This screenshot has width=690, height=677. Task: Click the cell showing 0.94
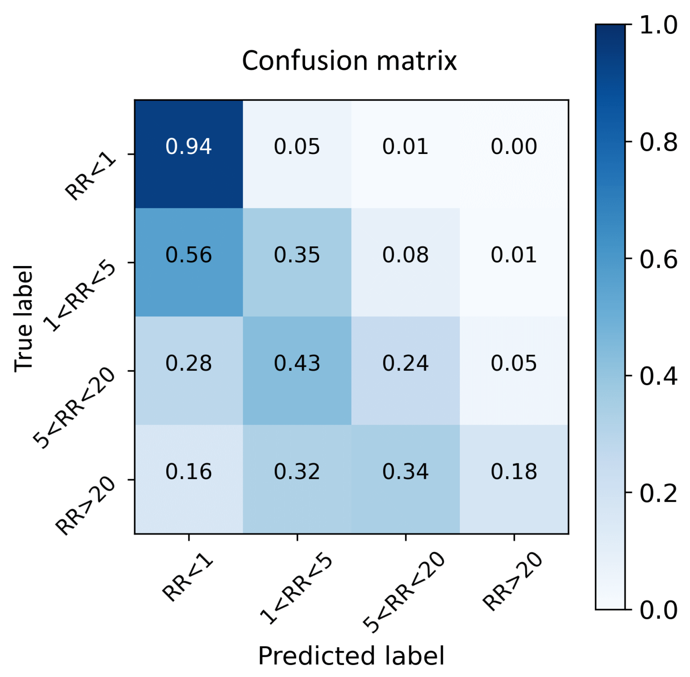tap(188, 146)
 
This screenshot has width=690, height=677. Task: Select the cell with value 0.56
tap(188, 255)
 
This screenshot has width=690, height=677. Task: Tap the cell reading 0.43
tap(297, 363)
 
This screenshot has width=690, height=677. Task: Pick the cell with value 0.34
tap(405, 471)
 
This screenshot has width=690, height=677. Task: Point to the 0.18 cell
tap(514, 471)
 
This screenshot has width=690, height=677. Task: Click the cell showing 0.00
tap(514, 146)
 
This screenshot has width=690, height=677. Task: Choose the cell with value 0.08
tap(405, 255)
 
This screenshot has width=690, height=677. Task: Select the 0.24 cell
tap(405, 363)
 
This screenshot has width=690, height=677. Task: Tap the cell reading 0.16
tap(188, 471)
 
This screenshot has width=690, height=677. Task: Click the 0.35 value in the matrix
tap(297, 255)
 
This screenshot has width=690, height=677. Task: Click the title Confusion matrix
tap(349, 61)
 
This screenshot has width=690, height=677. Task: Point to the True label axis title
tap(24, 319)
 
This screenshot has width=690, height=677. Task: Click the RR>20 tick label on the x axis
tap(512, 581)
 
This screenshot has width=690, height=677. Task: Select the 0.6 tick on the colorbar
tap(658, 260)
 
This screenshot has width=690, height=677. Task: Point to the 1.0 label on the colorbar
tap(658, 25)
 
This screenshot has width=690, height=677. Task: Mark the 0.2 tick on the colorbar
tap(658, 494)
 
